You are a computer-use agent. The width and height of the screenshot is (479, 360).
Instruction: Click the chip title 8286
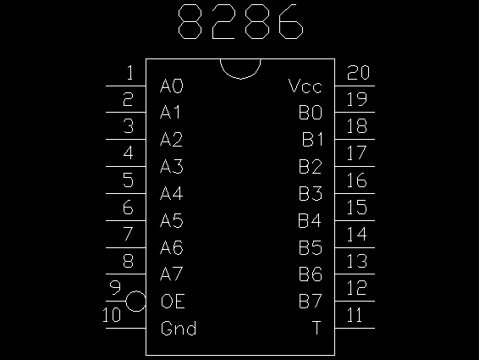pyautogui.click(x=240, y=22)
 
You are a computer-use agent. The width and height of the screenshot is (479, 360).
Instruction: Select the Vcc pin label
pyautogui.click(x=306, y=86)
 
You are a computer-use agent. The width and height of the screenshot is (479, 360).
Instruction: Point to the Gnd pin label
pyautogui.click(x=179, y=328)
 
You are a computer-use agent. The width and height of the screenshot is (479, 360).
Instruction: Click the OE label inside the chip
pyautogui.click(x=173, y=301)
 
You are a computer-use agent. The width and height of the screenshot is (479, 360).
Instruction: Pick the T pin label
pyautogui.click(x=317, y=328)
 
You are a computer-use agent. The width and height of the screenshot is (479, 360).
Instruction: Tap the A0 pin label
pyautogui.click(x=172, y=86)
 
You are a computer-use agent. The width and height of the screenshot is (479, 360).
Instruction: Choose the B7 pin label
pyautogui.click(x=310, y=301)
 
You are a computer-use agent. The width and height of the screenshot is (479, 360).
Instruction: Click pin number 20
pyautogui.click(x=358, y=73)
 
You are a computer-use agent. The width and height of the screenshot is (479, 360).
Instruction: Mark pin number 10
pyautogui.click(x=112, y=315)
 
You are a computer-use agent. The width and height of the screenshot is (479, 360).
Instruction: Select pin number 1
pyautogui.click(x=129, y=73)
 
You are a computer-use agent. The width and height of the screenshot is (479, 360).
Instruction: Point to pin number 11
pyautogui.click(x=355, y=315)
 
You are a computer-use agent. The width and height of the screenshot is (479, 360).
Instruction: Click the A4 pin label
pyautogui.click(x=172, y=193)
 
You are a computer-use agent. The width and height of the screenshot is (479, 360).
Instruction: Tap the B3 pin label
pyautogui.click(x=310, y=193)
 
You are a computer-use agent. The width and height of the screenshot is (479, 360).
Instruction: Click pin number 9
pyautogui.click(x=115, y=288)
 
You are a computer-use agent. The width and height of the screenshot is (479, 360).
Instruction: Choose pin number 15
pyautogui.click(x=357, y=207)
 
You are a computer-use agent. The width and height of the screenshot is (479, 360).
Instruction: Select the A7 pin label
pyautogui.click(x=172, y=274)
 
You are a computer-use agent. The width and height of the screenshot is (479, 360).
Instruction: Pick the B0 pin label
pyautogui.click(x=310, y=113)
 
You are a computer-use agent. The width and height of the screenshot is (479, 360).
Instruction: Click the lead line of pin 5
pyautogui.click(x=126, y=193)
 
